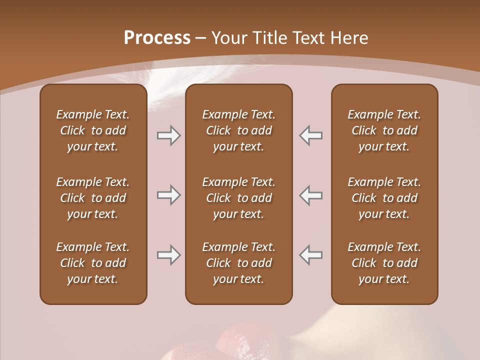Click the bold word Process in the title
157,38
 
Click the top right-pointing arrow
168,135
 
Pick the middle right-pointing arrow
168,195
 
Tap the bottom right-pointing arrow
168,255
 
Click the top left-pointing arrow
311,135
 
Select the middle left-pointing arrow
311,195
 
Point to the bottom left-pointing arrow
311,255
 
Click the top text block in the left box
93,130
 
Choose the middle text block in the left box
93,198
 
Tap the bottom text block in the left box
93,263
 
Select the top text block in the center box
239,130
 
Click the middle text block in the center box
239,198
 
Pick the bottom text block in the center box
239,263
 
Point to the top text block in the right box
384,130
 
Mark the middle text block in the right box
384,198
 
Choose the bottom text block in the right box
384,263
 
